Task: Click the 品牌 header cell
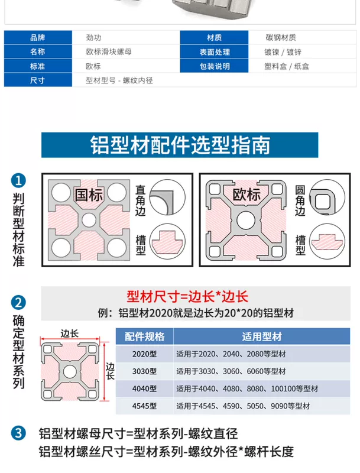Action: [x=38, y=37]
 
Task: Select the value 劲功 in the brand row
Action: [x=93, y=37]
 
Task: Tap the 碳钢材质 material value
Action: [x=281, y=37]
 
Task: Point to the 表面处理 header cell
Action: [x=215, y=52]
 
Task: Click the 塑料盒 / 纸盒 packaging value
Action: [x=287, y=66]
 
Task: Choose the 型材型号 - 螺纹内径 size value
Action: [x=119, y=80]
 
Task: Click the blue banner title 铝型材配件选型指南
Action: [x=180, y=145]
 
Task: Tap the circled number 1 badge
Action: [x=18, y=181]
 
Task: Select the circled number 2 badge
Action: [x=18, y=302]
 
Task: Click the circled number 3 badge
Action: [x=18, y=433]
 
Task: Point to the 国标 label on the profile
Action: [x=89, y=195]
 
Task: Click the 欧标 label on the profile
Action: [x=247, y=195]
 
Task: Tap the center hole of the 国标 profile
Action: [x=89, y=220]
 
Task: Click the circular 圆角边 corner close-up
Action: [x=327, y=197]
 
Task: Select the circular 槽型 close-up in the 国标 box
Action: [x=168, y=241]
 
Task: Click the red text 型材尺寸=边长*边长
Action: [x=187, y=297]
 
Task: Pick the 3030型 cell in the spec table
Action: [x=145, y=371]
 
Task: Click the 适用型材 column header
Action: [x=262, y=336]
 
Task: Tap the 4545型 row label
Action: [x=145, y=406]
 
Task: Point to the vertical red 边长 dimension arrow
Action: [x=104, y=372]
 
